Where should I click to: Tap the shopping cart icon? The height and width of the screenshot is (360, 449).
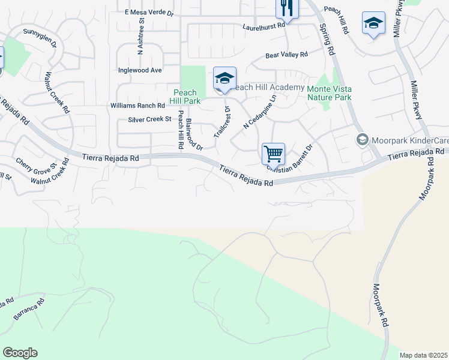[273, 154]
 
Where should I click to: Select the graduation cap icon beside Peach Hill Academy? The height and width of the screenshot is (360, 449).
[224, 79]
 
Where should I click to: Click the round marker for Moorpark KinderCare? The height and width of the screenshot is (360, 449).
[362, 140]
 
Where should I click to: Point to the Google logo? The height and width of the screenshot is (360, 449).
[20, 352]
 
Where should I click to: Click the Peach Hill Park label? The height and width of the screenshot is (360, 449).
[185, 97]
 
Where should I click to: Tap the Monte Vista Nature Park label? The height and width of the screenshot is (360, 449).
[329, 92]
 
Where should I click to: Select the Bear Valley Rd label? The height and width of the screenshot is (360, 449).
[286, 55]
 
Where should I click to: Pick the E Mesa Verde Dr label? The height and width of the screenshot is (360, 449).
[148, 12]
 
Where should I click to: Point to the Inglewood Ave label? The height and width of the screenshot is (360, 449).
[140, 70]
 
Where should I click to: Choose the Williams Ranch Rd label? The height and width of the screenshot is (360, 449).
[137, 106]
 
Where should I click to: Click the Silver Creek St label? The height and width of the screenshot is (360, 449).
[149, 119]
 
